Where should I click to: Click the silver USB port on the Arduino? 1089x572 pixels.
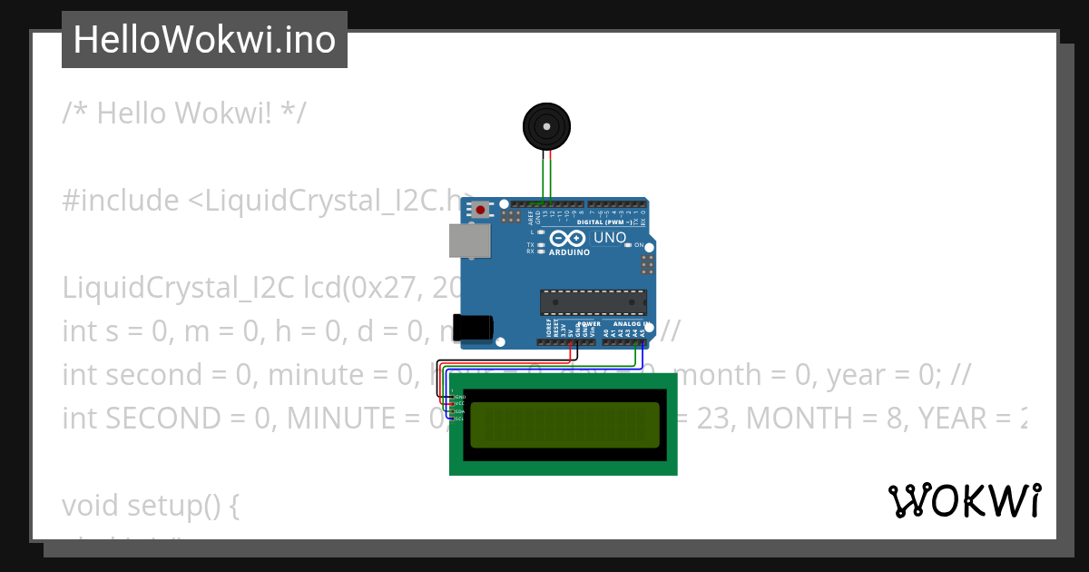[470, 242]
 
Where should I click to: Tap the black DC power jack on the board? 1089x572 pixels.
[476, 328]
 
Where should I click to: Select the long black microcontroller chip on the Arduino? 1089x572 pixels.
[594, 302]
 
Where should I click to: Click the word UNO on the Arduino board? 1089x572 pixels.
[610, 238]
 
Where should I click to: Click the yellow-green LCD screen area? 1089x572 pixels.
[564, 424]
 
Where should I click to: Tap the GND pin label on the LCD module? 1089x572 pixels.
[459, 397]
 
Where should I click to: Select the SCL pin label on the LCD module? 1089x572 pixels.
[459, 419]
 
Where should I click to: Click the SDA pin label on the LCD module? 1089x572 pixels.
[459, 411]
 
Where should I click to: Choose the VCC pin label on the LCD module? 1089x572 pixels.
[459, 404]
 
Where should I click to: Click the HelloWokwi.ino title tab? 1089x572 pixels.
[204, 40]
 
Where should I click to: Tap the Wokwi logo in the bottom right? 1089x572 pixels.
[964, 501]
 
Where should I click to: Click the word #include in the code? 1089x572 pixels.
[121, 201]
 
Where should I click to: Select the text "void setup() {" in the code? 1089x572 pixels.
[151, 505]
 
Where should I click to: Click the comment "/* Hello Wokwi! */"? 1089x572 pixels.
[184, 113]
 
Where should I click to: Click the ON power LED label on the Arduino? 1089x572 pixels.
[639, 245]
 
